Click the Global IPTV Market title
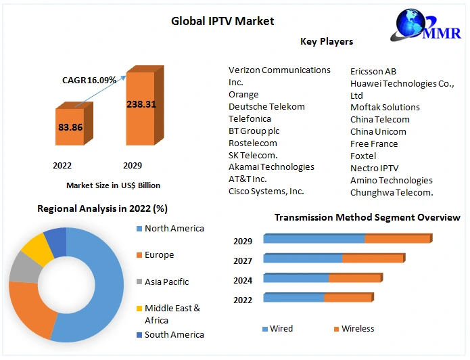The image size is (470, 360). (222, 21)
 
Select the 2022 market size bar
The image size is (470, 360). (70, 127)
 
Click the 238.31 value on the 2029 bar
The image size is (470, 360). (141, 104)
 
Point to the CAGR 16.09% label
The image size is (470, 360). (89, 80)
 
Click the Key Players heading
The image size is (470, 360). (327, 41)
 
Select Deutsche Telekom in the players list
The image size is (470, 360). (266, 106)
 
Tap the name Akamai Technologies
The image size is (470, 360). (271, 166)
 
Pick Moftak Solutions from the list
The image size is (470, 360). (385, 107)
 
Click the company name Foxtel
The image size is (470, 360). (363, 156)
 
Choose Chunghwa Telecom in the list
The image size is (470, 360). (392, 192)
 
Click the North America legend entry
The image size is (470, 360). (174, 229)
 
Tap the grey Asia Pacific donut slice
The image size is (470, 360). (22, 268)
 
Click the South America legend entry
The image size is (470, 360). (174, 334)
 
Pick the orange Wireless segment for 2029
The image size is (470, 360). (398, 239)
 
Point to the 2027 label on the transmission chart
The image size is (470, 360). (243, 261)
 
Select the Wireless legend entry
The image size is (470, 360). (357, 329)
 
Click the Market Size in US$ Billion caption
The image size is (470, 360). (113, 185)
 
